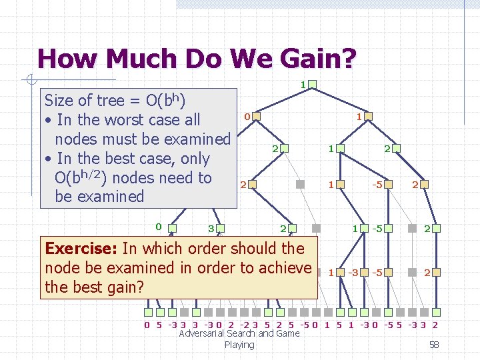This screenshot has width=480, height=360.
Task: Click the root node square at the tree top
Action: (312, 85)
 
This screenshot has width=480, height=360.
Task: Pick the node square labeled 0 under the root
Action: (257, 117)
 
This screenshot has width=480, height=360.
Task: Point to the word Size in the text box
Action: (58, 101)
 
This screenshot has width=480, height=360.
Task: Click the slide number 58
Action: (434, 345)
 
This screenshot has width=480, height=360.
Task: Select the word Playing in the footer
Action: (239, 345)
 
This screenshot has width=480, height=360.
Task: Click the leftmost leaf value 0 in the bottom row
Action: (147, 325)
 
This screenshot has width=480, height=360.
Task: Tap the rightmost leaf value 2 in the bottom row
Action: (435, 325)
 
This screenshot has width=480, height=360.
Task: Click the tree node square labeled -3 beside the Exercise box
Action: (364, 272)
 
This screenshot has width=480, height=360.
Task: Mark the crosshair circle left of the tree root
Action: (31, 81)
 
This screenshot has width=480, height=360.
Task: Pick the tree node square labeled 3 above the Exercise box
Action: (221, 229)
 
